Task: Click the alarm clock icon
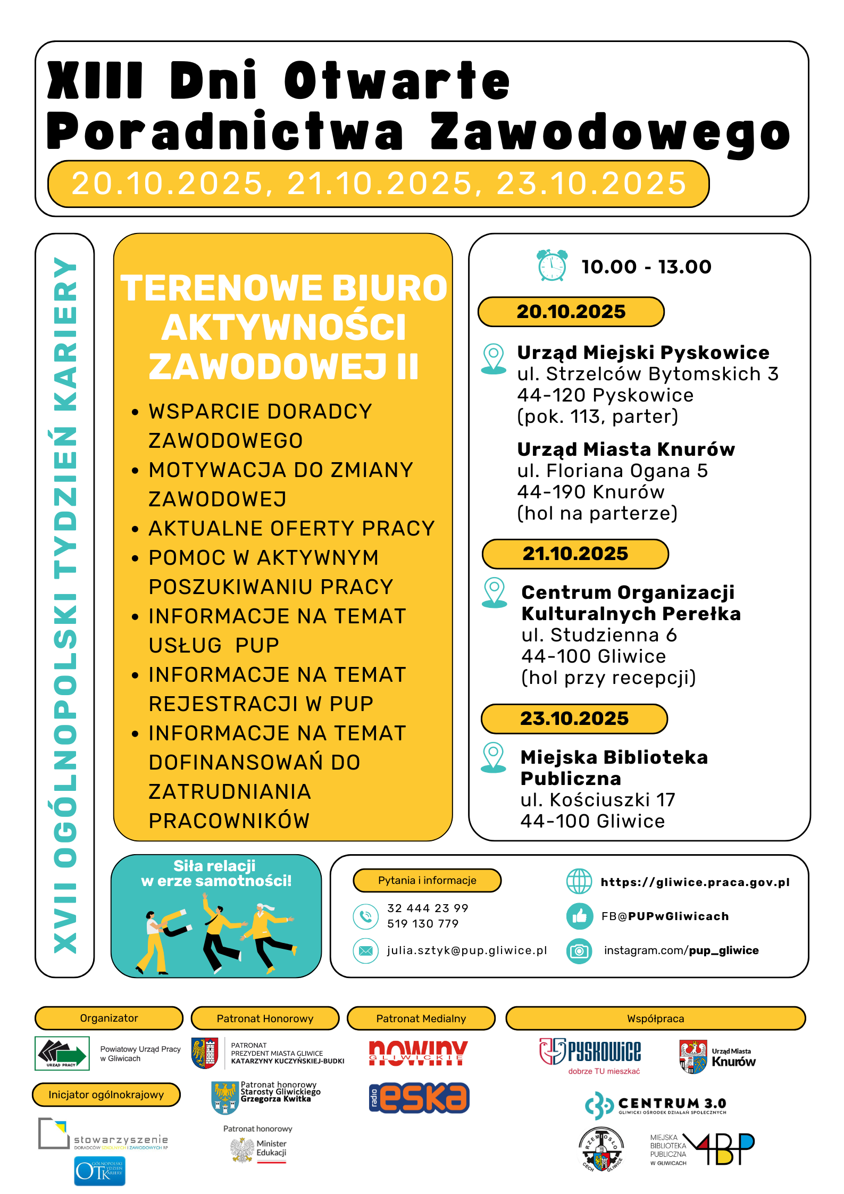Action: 551,265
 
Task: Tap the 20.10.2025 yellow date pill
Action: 571,312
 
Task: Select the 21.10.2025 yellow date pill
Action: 575,554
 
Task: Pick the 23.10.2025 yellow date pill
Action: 574,719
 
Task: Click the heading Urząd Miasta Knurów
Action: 625,449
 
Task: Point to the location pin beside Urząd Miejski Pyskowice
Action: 494,358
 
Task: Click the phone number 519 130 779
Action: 423,924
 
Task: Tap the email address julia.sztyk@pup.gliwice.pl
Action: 466,950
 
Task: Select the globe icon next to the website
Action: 579,882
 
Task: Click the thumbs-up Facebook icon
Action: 579,916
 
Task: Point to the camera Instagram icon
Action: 579,951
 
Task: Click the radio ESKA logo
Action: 419,1098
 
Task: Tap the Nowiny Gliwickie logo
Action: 418,1053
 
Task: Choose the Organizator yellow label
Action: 109,1018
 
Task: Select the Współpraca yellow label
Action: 655,1018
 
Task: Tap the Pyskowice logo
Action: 590,1055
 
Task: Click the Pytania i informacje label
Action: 427,880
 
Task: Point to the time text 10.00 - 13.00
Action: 646,266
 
